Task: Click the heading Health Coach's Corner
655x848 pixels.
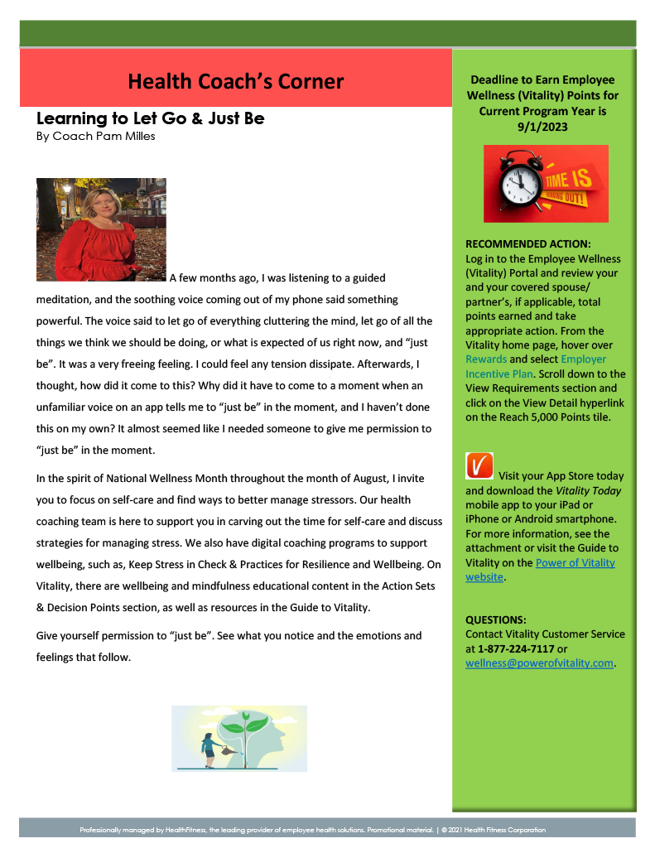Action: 235,81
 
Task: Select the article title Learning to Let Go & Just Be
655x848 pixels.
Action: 150,118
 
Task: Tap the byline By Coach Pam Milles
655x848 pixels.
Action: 95,137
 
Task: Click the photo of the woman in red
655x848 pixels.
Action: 101,229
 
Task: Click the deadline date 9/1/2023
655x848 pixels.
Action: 542,127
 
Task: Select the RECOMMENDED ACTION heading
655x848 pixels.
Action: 528,244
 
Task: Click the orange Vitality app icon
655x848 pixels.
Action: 479,466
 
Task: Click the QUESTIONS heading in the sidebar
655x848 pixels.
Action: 496,619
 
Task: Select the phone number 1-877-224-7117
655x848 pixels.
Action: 516,648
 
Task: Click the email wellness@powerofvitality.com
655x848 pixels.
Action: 539,662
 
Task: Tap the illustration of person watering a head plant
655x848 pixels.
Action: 238,738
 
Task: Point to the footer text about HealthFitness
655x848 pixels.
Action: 312,830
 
